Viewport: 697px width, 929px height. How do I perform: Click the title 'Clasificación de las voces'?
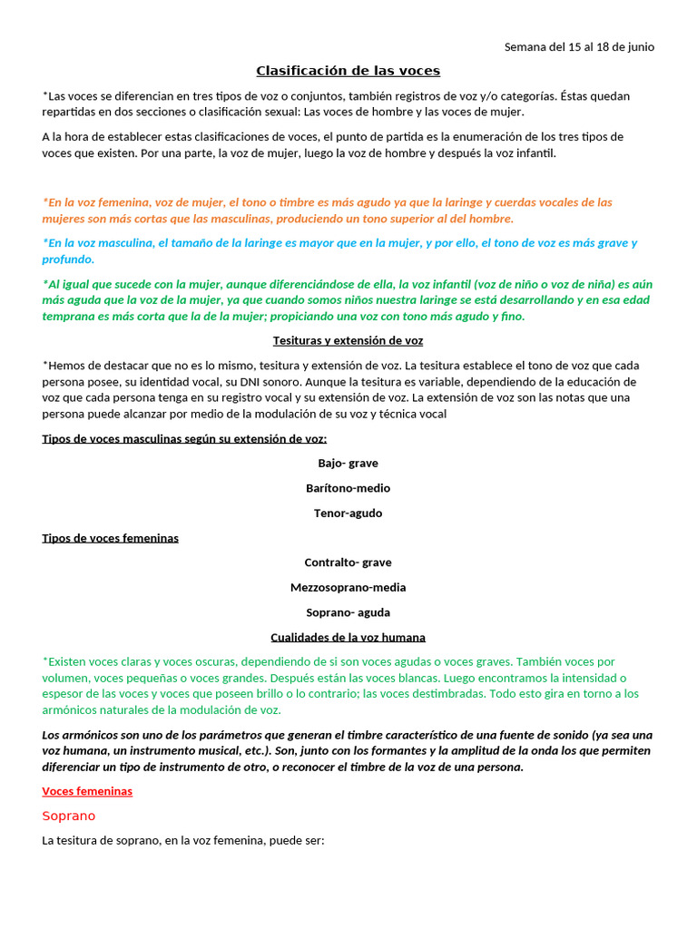tap(348, 71)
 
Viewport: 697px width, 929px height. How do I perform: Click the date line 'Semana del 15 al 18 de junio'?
tap(579, 47)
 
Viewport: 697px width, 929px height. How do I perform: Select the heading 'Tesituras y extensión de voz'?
tap(348, 341)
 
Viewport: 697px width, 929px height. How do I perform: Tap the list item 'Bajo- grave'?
tap(348, 463)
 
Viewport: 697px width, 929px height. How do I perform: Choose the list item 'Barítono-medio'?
tap(348, 488)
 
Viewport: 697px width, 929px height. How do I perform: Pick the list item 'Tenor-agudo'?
tap(348, 513)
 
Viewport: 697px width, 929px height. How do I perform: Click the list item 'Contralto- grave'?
tap(348, 562)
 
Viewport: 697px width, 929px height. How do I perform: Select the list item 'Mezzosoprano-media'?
tap(348, 587)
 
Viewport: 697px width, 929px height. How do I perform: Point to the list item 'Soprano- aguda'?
tap(348, 612)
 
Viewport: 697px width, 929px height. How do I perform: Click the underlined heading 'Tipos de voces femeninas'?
tap(110, 538)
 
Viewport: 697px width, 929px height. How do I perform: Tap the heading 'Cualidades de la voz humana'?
tap(348, 638)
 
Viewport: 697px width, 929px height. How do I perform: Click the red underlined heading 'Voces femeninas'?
tap(87, 791)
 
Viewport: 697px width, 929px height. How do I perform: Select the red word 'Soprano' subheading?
tap(68, 816)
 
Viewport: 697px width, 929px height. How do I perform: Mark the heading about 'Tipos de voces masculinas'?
tap(184, 439)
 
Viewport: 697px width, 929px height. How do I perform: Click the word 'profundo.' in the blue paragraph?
tap(68, 259)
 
